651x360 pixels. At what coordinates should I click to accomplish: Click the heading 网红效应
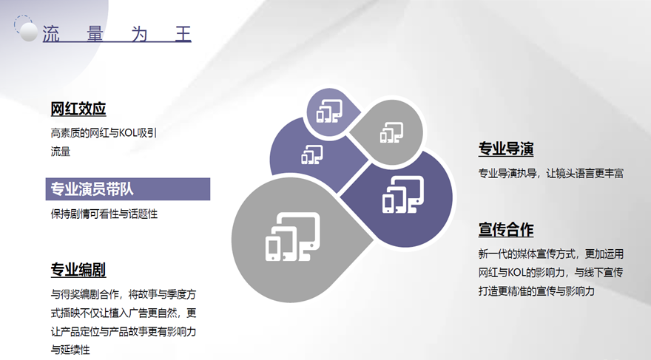tap(78, 109)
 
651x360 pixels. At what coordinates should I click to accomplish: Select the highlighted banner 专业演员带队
tap(128, 189)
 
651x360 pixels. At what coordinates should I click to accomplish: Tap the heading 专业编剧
tap(78, 270)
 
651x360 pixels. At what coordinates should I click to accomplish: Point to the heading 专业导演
tap(506, 149)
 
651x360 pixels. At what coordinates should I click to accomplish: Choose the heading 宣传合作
tap(506, 230)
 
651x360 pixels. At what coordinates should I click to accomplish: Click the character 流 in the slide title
tap(51, 34)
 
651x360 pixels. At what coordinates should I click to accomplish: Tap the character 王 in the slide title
tap(183, 34)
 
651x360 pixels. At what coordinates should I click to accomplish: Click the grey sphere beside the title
tap(29, 32)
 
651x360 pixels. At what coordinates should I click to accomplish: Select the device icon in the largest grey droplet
tap(293, 237)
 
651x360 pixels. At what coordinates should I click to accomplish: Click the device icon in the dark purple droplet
tap(403, 194)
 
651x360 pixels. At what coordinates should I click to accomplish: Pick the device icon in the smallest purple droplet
tap(330, 111)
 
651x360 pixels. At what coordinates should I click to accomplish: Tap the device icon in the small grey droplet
tap(391, 132)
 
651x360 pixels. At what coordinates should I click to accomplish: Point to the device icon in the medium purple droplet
tap(312, 154)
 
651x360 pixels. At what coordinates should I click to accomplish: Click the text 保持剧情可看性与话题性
tap(104, 214)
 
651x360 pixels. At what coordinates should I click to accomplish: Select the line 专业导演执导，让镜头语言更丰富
tap(551, 174)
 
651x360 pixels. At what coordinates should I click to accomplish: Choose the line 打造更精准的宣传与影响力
tap(536, 291)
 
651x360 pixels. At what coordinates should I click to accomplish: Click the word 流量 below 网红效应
tap(61, 152)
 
